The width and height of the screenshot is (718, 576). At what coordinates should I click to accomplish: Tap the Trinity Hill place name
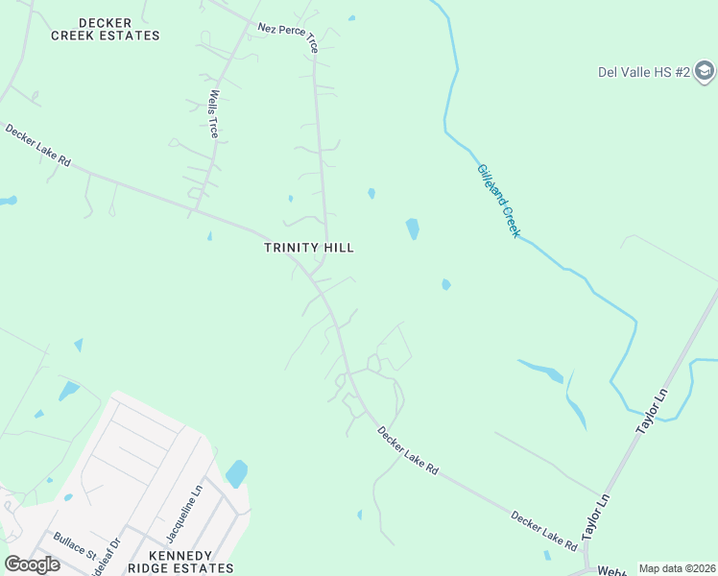[309, 248]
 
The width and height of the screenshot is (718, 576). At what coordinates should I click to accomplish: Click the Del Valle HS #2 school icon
[705, 72]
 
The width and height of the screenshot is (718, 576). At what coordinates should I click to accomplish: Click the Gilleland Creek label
[498, 201]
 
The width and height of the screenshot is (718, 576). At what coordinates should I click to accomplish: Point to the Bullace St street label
[74, 547]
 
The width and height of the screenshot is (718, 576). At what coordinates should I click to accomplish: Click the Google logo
[32, 564]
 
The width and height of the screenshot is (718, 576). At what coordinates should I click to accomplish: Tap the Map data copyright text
[677, 568]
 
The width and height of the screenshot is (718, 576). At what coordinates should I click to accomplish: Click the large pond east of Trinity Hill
[412, 228]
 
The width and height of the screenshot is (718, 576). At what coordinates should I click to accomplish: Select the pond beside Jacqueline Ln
[236, 473]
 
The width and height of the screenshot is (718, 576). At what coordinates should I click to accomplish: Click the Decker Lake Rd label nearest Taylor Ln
[543, 531]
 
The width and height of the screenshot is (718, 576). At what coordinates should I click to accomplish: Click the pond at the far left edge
[8, 201]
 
